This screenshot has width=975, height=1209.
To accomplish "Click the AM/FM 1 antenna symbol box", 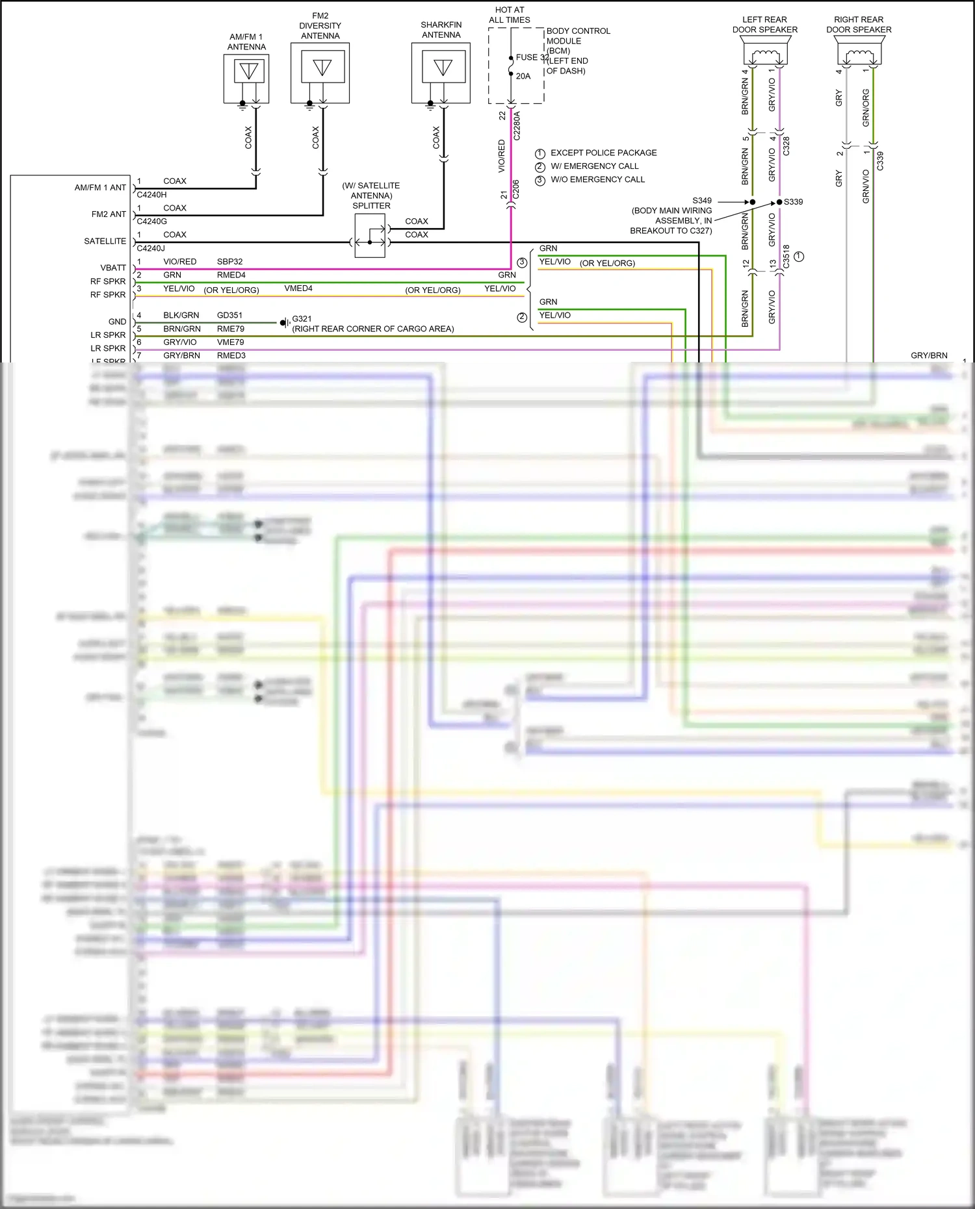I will click(246, 78).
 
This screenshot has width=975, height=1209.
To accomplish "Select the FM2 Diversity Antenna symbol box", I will click(320, 72).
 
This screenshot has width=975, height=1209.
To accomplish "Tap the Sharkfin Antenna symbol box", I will click(441, 72).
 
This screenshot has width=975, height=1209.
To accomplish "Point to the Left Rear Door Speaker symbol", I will click(765, 51).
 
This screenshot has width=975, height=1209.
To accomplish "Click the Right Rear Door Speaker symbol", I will click(859, 51).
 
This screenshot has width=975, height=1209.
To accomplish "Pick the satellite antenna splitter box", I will click(370, 235).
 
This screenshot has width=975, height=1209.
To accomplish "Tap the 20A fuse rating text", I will click(523, 76).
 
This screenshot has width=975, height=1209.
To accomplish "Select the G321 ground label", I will click(302, 319).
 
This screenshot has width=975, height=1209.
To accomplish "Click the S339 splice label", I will click(793, 202).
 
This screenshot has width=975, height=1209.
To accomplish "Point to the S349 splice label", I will click(702, 201).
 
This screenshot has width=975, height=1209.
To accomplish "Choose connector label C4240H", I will click(151, 195).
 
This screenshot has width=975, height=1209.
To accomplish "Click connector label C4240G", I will click(151, 222).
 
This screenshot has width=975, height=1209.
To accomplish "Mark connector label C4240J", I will click(151, 248).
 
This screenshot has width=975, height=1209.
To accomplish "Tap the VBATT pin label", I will click(113, 268).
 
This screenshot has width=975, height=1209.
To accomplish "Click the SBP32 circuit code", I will click(229, 262).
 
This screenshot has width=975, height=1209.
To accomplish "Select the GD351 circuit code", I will click(229, 315).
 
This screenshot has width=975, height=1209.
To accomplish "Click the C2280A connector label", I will click(517, 126).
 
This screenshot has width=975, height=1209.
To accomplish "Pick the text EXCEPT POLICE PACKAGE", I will click(603, 153).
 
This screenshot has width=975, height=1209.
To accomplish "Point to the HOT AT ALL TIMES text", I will click(510, 15).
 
